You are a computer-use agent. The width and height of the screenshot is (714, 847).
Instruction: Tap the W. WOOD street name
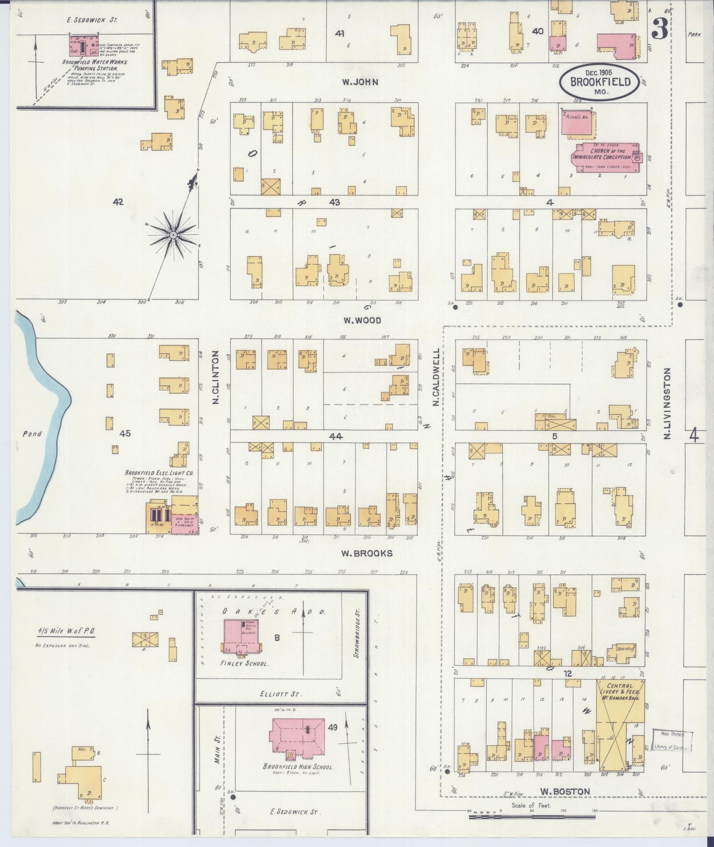(x=363, y=321)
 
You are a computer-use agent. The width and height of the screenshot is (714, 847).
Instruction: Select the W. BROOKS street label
(x=367, y=553)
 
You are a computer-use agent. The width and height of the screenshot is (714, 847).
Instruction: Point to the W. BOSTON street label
(x=565, y=792)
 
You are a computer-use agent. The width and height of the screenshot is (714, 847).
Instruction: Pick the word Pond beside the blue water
(x=32, y=434)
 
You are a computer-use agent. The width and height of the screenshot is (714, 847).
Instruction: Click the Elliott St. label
(x=280, y=694)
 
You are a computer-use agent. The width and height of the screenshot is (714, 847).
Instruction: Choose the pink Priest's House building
(x=578, y=122)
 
